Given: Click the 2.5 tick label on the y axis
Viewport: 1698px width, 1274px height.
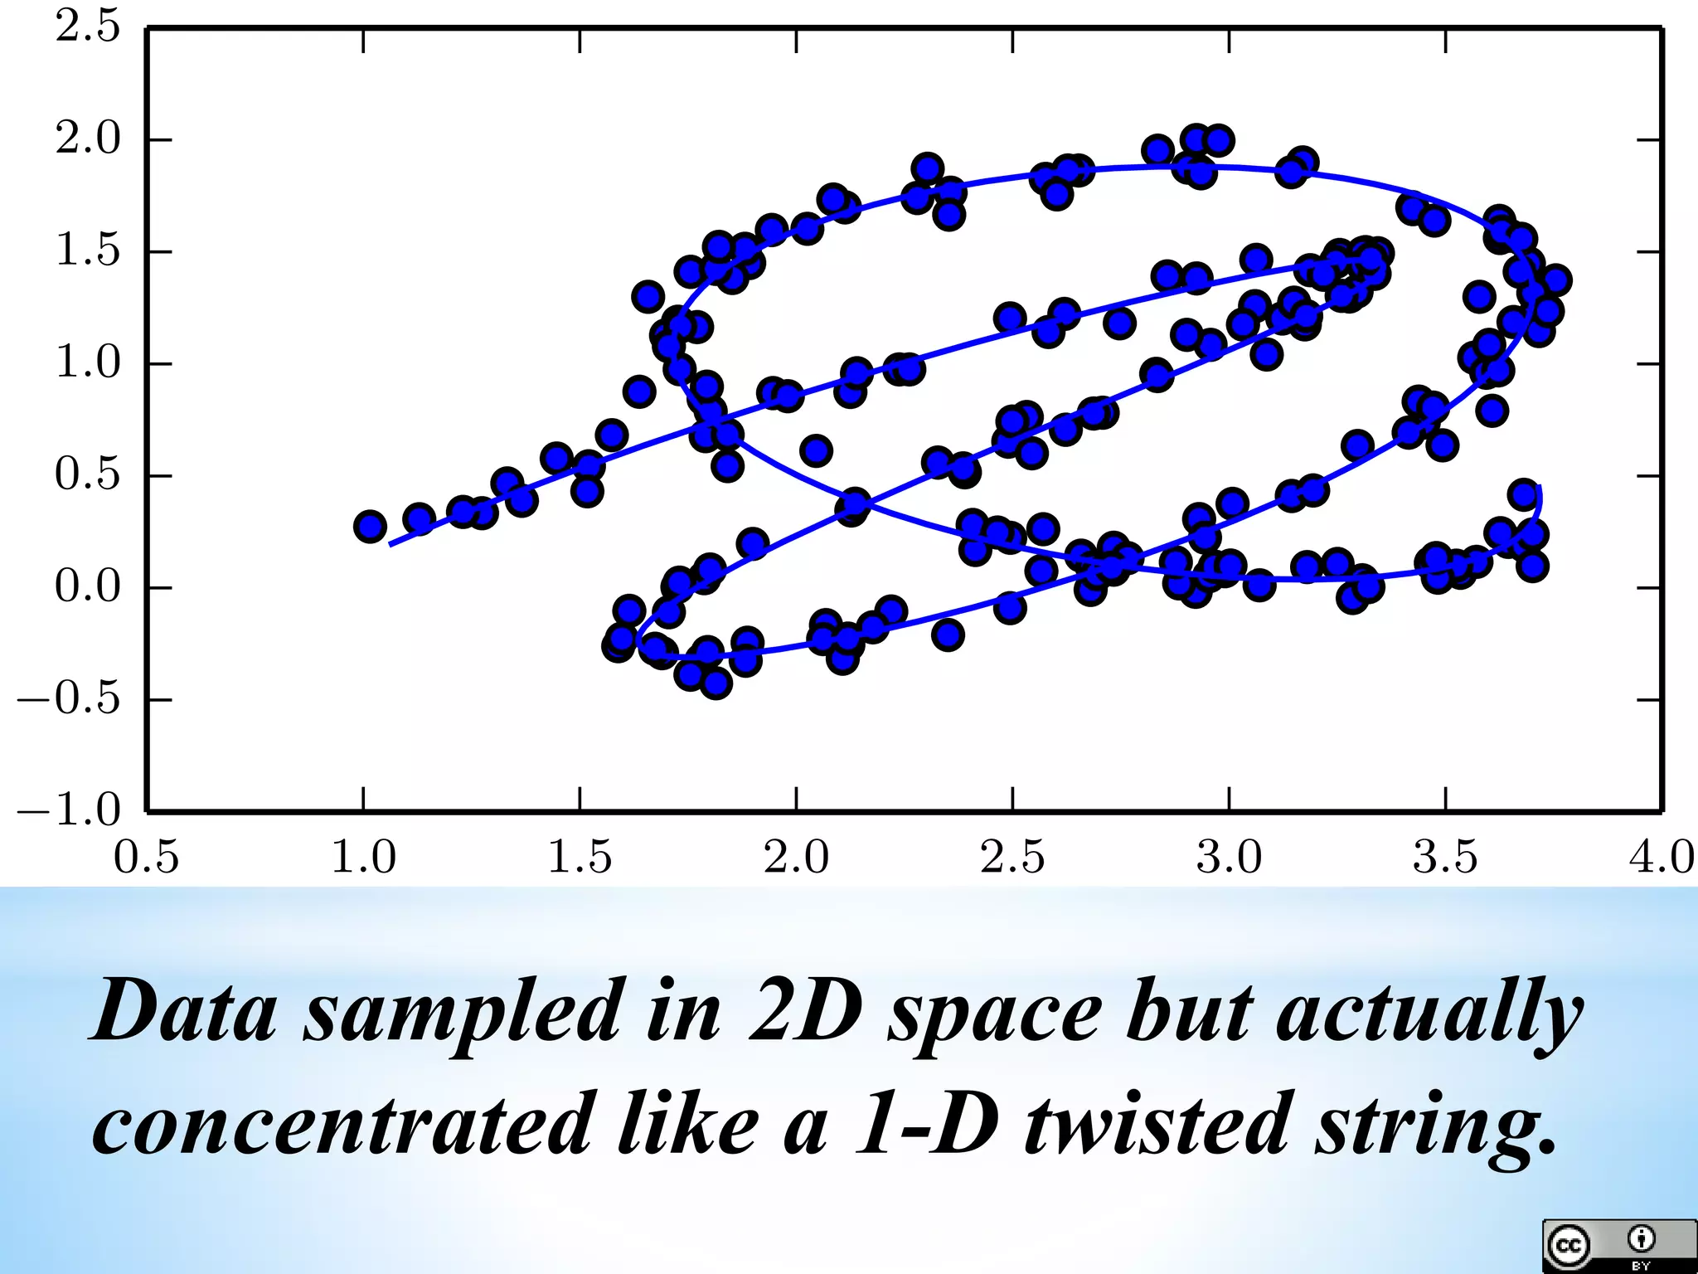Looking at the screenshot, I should pos(88,27).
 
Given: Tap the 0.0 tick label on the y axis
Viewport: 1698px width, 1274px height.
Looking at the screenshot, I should pos(88,586).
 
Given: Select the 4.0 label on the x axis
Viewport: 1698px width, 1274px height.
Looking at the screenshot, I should pos(1661,858).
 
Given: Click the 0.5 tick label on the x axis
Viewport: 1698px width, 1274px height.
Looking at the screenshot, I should pos(146,858).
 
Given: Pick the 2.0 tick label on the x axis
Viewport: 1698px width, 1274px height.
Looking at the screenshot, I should pos(796,858).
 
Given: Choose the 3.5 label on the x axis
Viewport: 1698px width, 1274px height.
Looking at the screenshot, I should pos(1445,858).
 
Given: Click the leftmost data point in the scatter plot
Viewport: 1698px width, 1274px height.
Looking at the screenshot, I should pos(370,526).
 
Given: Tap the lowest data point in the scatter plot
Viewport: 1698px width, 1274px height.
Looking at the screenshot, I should pos(716,683).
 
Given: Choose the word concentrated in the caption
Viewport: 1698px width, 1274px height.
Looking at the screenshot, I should pos(343,1126).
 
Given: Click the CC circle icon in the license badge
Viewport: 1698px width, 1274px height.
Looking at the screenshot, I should pos(1568,1246).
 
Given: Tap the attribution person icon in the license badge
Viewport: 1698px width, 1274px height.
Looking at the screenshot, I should pos(1641,1239).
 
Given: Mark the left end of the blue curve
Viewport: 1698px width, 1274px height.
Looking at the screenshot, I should pos(391,545).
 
